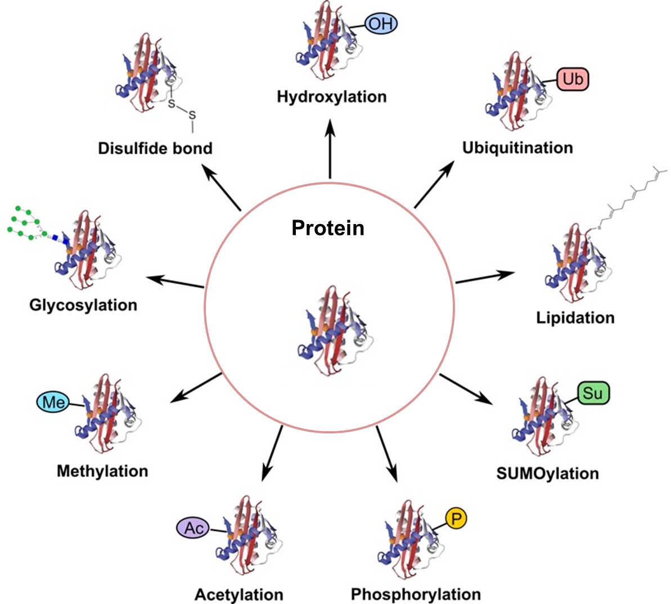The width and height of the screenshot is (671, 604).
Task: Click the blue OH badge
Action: click(381, 24)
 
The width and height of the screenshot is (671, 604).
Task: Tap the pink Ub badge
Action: click(573, 79)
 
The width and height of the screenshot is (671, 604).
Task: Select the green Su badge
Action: click(593, 393)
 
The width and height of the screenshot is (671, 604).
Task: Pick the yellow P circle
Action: click(456, 518)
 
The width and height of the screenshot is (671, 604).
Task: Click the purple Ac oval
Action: click(193, 528)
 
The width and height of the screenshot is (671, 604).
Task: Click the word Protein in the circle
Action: click(328, 227)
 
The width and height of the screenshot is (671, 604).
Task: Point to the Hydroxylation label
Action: click(332, 96)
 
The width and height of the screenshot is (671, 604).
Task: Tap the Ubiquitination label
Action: click(517, 147)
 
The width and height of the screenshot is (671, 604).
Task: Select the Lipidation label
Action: click(575, 317)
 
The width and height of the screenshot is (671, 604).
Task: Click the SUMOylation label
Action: click(547, 473)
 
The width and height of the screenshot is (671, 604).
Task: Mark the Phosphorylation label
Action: click(416, 594)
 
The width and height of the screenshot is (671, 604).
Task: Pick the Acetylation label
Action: click(239, 594)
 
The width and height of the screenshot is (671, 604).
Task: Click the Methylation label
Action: click(102, 471)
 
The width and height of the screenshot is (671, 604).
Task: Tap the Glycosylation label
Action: click(83, 305)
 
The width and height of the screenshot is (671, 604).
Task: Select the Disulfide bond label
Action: click(155, 148)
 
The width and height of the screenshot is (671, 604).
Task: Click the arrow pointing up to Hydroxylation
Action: click(330, 149)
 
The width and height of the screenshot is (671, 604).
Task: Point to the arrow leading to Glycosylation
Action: click(175, 282)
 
